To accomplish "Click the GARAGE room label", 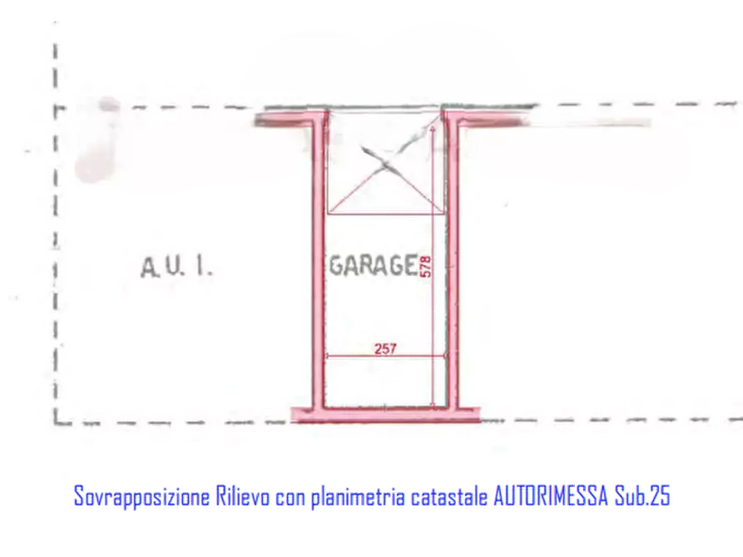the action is coord(374,265).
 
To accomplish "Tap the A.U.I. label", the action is coord(176,267).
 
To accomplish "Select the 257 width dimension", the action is coord(385,349).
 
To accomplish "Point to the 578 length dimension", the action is coord(426,267).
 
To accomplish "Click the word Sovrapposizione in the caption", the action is coord(141,497).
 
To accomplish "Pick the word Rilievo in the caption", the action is coord(243,496).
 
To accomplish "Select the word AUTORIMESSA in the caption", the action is coord(551,496).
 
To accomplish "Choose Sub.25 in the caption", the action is coord(642,496).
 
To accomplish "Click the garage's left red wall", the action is coord(319,264).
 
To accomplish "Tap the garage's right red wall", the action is coord(453,264).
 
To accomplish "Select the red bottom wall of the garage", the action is coord(386,415).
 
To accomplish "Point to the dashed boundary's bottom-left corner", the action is coord(56,422).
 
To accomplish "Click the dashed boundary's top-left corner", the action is coord(56,108).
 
